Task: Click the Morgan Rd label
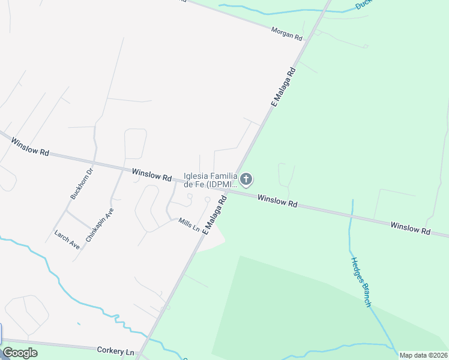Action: pos(286,32)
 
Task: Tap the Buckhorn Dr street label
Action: pos(82,184)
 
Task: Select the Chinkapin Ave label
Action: pos(100,224)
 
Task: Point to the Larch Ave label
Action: pos(67,239)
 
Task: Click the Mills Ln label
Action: pos(188,225)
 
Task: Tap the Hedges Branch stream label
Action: pos(360,281)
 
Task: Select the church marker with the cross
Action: pos(246,179)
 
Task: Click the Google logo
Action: pos(20,353)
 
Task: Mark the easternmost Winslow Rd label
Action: pos(410,228)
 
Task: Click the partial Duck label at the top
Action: pos(364,4)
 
